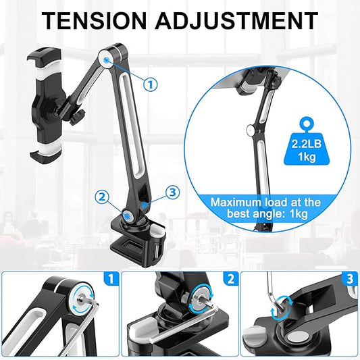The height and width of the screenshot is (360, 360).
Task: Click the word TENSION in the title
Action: (x=94, y=21)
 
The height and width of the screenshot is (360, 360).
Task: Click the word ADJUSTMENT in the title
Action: (x=236, y=21)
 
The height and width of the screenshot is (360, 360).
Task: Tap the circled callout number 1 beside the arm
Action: (x=151, y=84)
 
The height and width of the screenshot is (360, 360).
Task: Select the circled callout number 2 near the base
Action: (x=102, y=197)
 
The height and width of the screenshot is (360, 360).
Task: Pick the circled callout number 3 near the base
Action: (x=172, y=192)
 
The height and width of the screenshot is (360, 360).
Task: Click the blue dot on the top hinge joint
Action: (x=106, y=60)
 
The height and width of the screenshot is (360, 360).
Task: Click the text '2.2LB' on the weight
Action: (x=306, y=144)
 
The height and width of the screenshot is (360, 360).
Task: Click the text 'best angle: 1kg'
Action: (x=267, y=214)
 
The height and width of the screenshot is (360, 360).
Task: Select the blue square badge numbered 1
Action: (x=111, y=279)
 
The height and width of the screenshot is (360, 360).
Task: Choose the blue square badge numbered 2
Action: (x=231, y=279)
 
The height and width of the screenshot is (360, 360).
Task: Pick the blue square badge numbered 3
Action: (x=350, y=279)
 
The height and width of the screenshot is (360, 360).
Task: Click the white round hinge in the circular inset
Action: (x=251, y=130)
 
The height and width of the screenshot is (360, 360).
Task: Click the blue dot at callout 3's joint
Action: (x=145, y=205)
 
